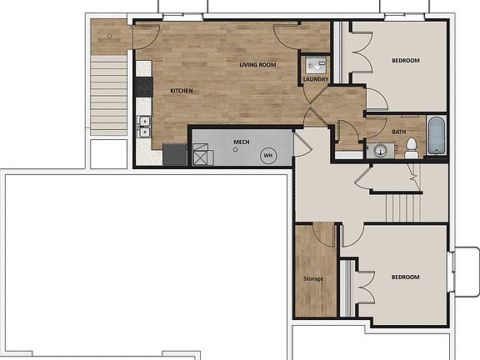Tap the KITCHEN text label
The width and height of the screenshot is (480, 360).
pyautogui.click(x=182, y=90)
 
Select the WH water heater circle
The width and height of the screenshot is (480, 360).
pyautogui.click(x=268, y=155)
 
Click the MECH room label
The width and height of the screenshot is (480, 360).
pyautogui.click(x=242, y=142)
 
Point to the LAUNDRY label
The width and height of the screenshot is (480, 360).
pyautogui.click(x=316, y=80)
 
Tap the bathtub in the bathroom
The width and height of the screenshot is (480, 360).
pyautogui.click(x=437, y=137)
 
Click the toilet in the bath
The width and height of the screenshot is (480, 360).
pyautogui.click(x=411, y=148)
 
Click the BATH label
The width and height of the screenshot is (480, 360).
pyautogui.click(x=399, y=132)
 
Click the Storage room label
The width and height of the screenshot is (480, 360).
pyautogui.click(x=313, y=278)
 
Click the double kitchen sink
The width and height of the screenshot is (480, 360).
pyautogui.click(x=144, y=127)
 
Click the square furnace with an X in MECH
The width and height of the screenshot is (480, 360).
pyautogui.click(x=202, y=155)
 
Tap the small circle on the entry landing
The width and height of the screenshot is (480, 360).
pyautogui.click(x=108, y=37)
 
